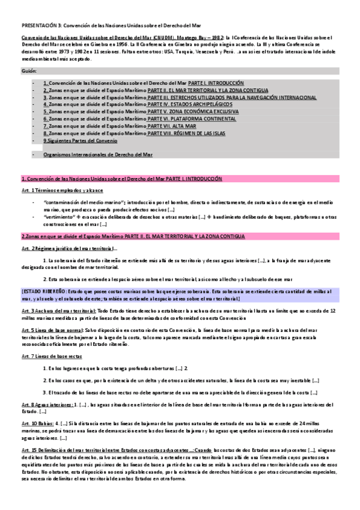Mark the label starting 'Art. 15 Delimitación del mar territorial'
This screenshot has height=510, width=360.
72,449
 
